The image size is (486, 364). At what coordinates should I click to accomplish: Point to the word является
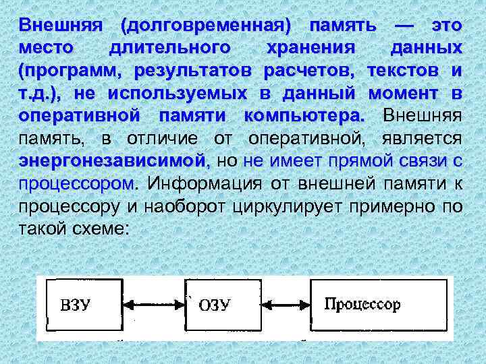click(425, 138)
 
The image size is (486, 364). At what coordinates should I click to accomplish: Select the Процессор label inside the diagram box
click(362, 304)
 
